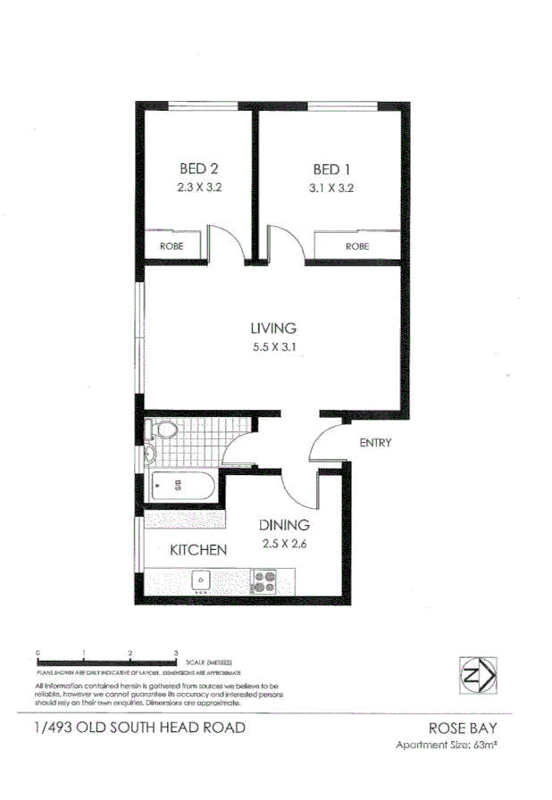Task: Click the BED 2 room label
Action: point(198,169)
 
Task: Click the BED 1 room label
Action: point(326,169)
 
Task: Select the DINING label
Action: point(284,525)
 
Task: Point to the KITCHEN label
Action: point(197,550)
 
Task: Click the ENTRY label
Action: point(375,443)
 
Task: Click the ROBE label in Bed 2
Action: point(171,246)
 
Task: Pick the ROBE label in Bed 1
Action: point(356,246)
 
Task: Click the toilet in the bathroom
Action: point(163,430)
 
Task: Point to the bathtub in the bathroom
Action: point(183,487)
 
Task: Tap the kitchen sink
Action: point(202,579)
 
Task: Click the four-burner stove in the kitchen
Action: point(264,581)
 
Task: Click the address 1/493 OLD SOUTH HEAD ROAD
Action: point(138,728)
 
